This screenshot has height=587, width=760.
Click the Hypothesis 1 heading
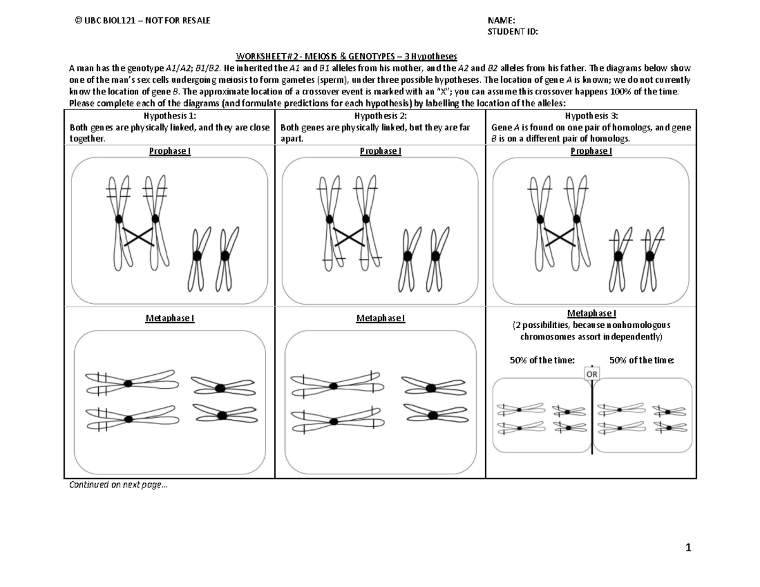(x=170, y=116)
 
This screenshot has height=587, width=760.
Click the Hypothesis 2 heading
(x=380, y=116)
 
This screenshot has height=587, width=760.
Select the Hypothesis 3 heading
(x=590, y=116)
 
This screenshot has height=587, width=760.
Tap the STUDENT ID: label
(x=513, y=32)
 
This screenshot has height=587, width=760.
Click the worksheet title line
(x=346, y=56)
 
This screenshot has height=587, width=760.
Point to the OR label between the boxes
(x=592, y=374)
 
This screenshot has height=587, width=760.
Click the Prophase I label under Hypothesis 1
(x=170, y=151)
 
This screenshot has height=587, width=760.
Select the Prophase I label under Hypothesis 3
(x=590, y=151)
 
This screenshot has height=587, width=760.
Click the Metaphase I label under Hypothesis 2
(x=380, y=318)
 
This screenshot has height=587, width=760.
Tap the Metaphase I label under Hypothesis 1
(x=170, y=318)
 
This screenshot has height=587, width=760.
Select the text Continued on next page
(x=119, y=486)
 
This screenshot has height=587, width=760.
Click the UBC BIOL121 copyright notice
(x=142, y=21)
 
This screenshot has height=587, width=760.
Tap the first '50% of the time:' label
(x=542, y=360)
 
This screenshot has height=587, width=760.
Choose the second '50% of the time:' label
(x=642, y=360)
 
